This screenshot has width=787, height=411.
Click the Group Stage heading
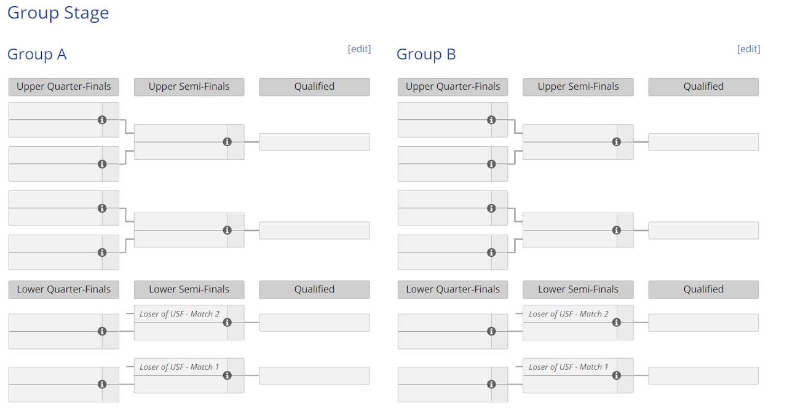pyautogui.click(x=58, y=13)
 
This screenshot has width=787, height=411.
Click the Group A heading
pyautogui.click(x=37, y=55)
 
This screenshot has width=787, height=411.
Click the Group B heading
pyautogui.click(x=426, y=55)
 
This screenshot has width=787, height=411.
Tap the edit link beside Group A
pyautogui.click(x=359, y=49)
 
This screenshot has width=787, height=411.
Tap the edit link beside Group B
pyautogui.click(x=748, y=49)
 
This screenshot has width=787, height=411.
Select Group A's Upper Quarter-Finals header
pyautogui.click(x=63, y=87)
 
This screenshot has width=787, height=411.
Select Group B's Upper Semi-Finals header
pyautogui.click(x=578, y=87)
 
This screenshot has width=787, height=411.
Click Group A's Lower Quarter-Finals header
pyautogui.click(x=63, y=289)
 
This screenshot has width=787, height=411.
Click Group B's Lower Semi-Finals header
pyautogui.click(x=578, y=289)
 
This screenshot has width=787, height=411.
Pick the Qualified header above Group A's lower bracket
pyautogui.click(x=314, y=289)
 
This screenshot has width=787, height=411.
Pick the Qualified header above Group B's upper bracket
pyautogui.click(x=703, y=87)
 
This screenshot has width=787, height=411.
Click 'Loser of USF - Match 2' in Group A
pyautogui.click(x=179, y=314)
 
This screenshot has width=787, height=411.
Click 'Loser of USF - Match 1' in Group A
pyautogui.click(x=179, y=367)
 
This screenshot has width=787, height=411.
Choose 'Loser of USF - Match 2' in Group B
pyautogui.click(x=569, y=314)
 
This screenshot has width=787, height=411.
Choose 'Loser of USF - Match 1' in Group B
pyautogui.click(x=569, y=367)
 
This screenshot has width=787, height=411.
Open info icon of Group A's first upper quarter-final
pyautogui.click(x=102, y=120)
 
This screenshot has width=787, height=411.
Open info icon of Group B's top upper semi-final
pyautogui.click(x=617, y=142)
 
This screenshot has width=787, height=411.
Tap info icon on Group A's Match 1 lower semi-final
pyautogui.click(x=227, y=375)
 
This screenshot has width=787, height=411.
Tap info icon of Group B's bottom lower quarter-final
pyautogui.click(x=491, y=385)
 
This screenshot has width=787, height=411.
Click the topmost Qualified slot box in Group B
pyautogui.click(x=703, y=142)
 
